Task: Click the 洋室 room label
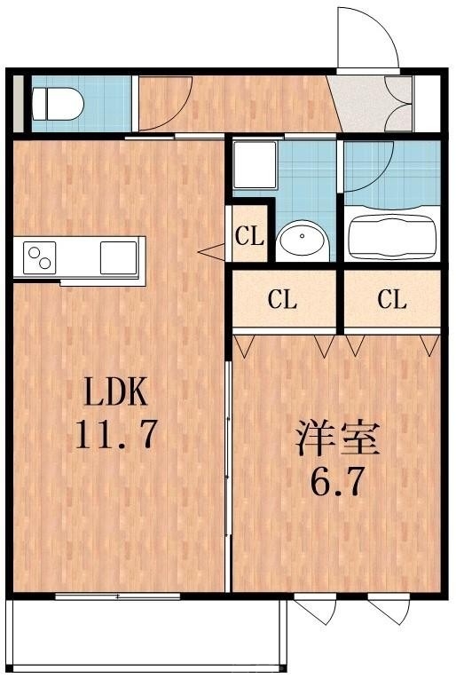tap(337, 441)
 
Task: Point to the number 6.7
tap(337, 483)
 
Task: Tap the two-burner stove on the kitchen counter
tap(40, 257)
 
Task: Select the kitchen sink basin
tap(117, 257)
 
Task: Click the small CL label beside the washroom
tap(250, 236)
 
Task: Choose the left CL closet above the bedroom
tap(283, 300)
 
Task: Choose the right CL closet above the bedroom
tap(391, 300)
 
